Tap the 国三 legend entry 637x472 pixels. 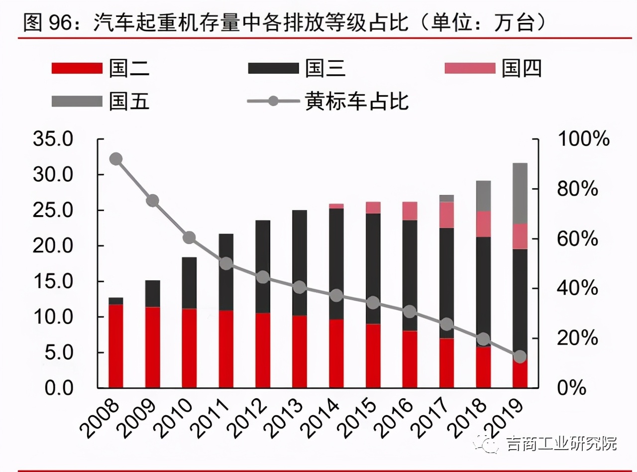tap(297, 68)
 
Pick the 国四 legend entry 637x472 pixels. tap(493, 68)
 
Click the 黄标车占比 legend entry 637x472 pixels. tap(328, 101)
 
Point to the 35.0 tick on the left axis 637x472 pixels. tap(53, 139)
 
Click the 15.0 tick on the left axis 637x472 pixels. tap(53, 281)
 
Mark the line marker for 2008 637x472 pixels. tap(116, 159)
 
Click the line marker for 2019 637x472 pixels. tap(520, 356)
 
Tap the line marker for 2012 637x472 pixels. tap(263, 277)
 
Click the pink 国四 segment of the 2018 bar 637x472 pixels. tap(483, 224)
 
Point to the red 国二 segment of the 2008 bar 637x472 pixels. tap(116, 346)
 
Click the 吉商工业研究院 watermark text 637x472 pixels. tap(561, 443)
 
